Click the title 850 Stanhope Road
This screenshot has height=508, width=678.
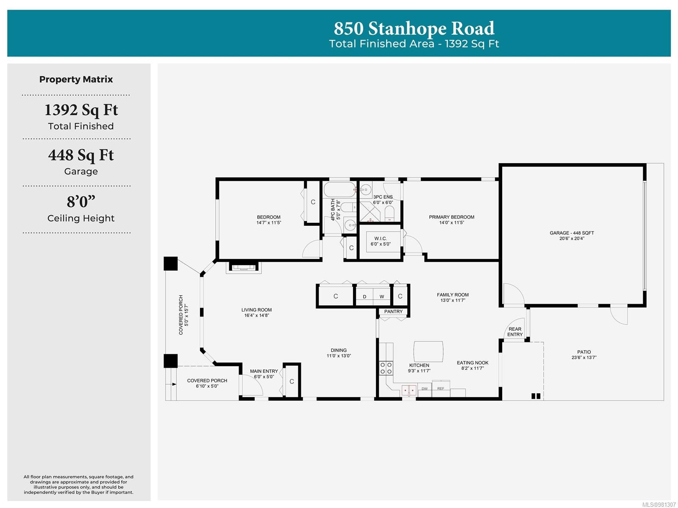pyautogui.click(x=414, y=28)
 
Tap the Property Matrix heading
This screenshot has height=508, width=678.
pyautogui.click(x=76, y=79)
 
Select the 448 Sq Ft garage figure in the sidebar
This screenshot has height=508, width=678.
pyautogui.click(x=81, y=155)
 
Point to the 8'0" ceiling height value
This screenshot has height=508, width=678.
pyautogui.click(x=81, y=201)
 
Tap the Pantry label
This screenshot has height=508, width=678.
pyautogui.click(x=393, y=311)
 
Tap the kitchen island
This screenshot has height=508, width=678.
pyautogui.click(x=428, y=351)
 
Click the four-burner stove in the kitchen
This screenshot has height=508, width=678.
pyautogui.click(x=386, y=368)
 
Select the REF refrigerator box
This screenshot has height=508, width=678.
pyautogui.click(x=441, y=389)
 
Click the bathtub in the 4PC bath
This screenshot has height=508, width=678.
pyautogui.click(x=340, y=190)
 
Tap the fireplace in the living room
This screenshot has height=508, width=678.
pyautogui.click(x=244, y=267)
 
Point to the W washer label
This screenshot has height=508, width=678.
pyautogui.click(x=382, y=297)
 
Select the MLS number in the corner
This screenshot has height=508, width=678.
pyautogui.click(x=659, y=505)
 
